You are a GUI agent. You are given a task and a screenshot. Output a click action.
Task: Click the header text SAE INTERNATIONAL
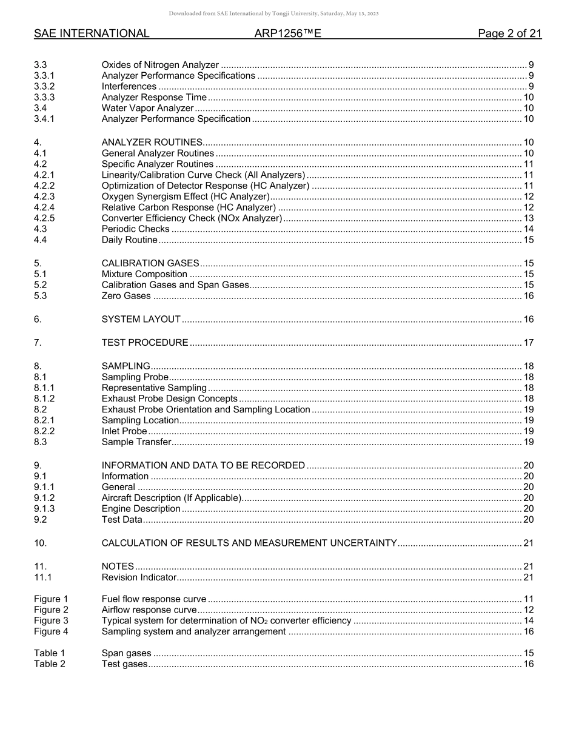92,34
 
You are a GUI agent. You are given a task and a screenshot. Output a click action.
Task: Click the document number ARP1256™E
287,34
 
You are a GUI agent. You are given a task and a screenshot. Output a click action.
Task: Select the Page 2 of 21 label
509,34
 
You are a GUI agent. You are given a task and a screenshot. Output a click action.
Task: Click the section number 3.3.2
44,87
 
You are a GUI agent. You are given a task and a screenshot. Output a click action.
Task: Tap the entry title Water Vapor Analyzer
147,109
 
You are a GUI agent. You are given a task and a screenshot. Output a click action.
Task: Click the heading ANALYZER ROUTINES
152,143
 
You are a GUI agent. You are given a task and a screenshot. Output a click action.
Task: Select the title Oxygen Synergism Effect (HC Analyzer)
186,197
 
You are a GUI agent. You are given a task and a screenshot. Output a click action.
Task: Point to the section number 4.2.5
44,218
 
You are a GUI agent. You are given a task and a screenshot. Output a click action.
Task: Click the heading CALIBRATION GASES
150,263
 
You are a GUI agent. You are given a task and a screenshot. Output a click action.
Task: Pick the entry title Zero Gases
126,296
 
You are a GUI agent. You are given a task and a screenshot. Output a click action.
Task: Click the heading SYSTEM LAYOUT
141,320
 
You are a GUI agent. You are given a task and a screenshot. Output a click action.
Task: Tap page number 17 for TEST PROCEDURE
528,343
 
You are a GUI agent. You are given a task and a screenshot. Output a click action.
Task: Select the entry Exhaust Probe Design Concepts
169,399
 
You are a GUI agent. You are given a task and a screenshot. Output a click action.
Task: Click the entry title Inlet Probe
124,431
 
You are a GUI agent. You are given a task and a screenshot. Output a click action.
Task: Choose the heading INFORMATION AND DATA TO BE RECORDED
203,466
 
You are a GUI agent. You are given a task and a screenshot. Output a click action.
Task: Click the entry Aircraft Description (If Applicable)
171,498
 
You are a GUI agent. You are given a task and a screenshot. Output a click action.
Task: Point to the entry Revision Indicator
139,577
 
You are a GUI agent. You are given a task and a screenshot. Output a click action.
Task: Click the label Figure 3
51,620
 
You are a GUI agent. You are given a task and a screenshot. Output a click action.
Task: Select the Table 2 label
49,664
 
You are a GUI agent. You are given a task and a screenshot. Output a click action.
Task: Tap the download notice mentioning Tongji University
273,13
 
